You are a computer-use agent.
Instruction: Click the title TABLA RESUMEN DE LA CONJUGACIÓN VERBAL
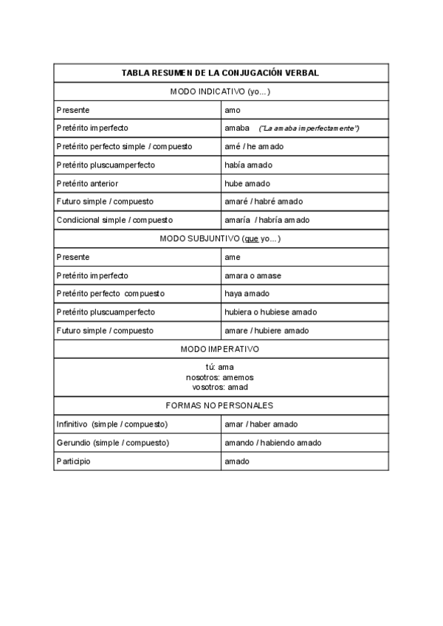220,73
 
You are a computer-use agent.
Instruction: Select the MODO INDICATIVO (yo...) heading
220,92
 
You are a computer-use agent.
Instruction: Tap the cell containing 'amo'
233,110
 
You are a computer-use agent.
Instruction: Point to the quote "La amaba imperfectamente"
309,128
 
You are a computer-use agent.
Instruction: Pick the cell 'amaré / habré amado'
263,202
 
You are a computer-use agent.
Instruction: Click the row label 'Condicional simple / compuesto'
114,220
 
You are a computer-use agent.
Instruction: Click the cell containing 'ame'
233,257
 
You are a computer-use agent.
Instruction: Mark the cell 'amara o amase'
253,275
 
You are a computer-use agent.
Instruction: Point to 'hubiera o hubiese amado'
270,312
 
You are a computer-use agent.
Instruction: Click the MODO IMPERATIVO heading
220,348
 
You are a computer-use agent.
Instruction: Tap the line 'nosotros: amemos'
220,376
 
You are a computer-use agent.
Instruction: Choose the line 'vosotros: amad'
220,387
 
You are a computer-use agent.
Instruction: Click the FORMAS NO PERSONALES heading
220,405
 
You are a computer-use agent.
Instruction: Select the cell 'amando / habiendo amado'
272,443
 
